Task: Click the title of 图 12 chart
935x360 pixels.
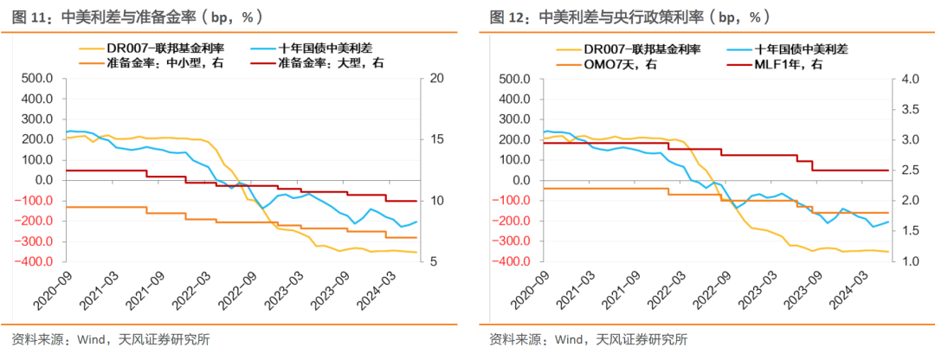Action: pyautogui.click(x=629, y=16)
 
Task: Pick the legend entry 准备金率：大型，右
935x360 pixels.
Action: pyautogui.click(x=325, y=63)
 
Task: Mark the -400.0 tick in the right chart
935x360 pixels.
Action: pyautogui.click(x=511, y=261)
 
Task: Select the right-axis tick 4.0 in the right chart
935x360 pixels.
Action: pyautogui.click(x=904, y=79)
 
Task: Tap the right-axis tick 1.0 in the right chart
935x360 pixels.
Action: pyautogui.click(x=904, y=261)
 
